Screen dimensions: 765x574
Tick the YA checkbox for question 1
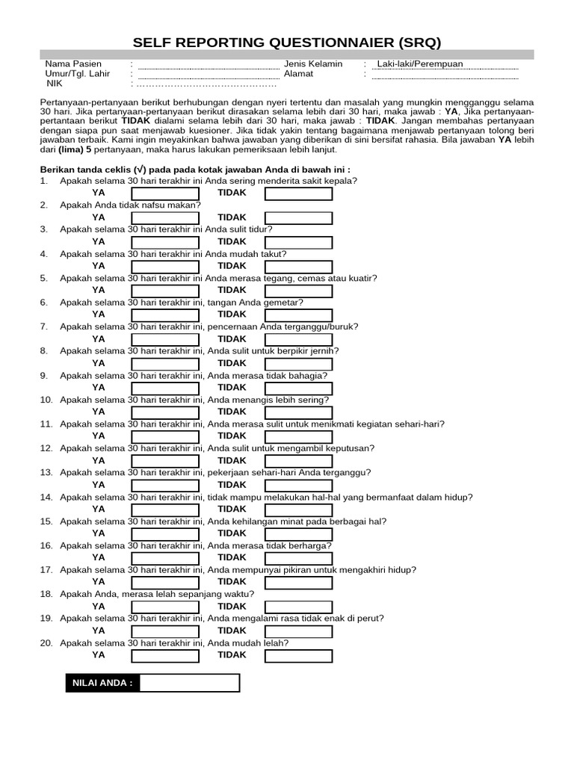(165, 194)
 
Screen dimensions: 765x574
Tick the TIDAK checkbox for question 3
(298, 243)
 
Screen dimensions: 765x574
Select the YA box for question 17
(165, 583)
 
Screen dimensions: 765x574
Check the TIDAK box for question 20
(298, 656)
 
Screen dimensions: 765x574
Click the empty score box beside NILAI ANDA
(190, 683)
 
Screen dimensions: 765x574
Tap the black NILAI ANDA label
(102, 683)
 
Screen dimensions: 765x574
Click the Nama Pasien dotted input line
(209, 65)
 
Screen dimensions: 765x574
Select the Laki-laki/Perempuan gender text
(420, 64)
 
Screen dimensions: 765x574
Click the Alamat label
(299, 75)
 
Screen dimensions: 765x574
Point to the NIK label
(54, 85)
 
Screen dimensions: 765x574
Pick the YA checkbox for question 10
(165, 412)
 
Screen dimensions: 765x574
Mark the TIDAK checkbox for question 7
(298, 340)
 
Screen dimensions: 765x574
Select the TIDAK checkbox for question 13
(298, 486)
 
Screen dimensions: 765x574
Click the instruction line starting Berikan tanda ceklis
(195, 169)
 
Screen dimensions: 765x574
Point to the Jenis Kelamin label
(313, 64)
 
